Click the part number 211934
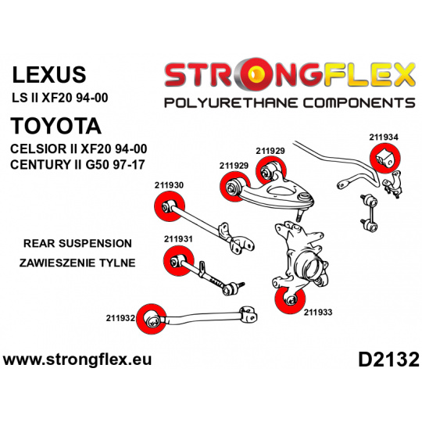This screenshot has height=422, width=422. (384, 138)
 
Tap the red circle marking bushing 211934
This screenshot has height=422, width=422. (385, 159)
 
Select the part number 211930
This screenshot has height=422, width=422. (169, 185)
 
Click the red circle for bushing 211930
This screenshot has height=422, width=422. (170, 206)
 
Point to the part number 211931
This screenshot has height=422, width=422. (178, 239)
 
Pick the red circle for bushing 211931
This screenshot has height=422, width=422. (178, 260)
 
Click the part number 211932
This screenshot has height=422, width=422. (120, 318)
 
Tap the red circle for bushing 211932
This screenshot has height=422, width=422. (152, 319)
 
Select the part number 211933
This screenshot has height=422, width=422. (318, 312)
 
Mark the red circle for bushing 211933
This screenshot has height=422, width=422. (291, 299)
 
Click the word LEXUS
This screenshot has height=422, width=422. (49, 74)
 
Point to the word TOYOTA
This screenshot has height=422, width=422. (55, 126)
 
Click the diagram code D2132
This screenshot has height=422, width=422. (388, 359)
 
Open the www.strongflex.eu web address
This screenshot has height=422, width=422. (77, 359)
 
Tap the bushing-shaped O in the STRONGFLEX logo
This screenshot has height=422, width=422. (256, 73)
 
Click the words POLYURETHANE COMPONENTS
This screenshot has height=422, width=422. (290, 103)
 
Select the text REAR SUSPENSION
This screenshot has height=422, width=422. (77, 243)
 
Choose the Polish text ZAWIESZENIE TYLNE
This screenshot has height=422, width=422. (77, 263)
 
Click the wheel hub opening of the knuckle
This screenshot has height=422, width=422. (311, 266)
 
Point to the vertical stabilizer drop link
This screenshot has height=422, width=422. (369, 213)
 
